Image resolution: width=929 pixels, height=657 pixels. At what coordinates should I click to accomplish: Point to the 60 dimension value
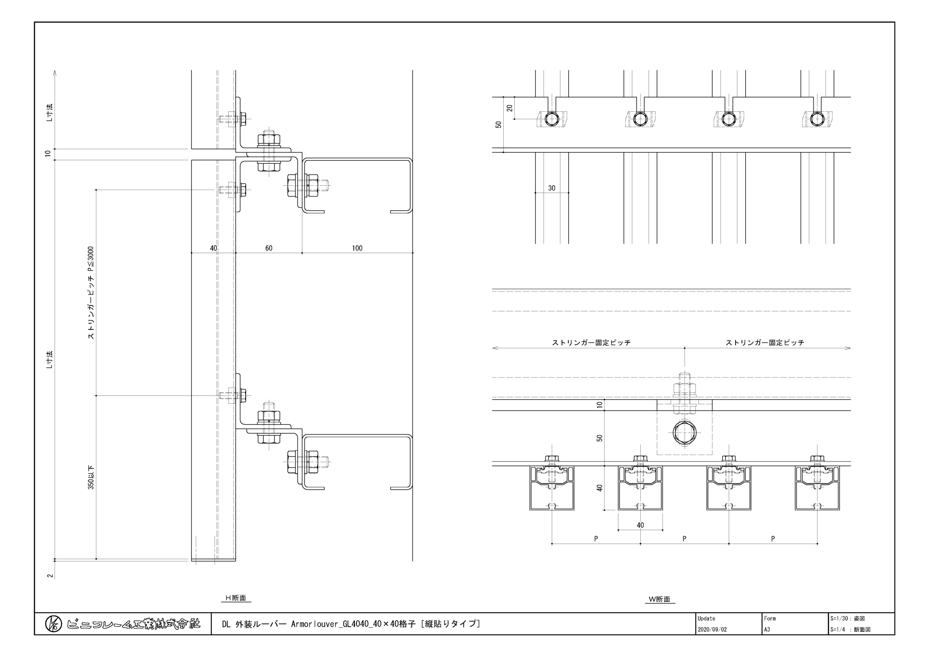point(269,248)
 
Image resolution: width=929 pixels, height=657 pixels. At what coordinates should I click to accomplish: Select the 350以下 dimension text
point(91,477)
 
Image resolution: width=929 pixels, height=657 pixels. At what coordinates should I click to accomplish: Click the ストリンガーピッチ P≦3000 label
point(91,293)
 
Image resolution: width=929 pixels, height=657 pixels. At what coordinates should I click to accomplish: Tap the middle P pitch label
point(684,539)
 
